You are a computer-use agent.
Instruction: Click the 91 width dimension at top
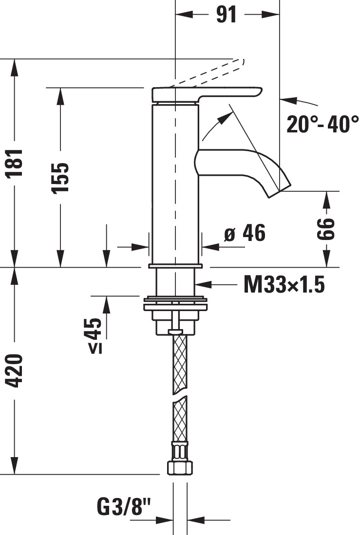(x=227, y=15)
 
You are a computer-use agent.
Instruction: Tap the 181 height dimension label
(x=14, y=163)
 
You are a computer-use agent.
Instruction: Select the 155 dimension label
(x=60, y=178)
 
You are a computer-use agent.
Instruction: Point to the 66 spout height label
(x=325, y=229)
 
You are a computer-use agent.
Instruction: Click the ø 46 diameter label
(x=245, y=233)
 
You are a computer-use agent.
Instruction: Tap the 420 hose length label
(x=14, y=370)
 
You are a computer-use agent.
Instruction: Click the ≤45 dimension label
(x=93, y=335)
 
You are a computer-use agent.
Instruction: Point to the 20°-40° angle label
(x=322, y=124)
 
